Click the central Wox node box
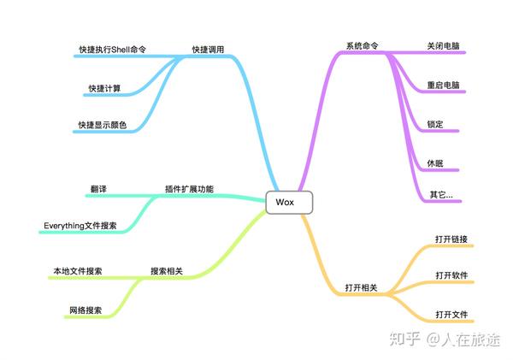coord(289,203)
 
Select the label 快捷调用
coord(208,50)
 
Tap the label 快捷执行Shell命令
coord(113,50)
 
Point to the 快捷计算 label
coord(104,88)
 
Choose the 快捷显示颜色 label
coord(103,125)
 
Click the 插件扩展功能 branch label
coord(189,189)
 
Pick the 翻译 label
coord(98,189)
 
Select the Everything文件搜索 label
coord(80,226)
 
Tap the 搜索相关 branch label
coord(167,271)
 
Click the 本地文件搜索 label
coord(78,271)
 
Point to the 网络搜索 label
coord(85,310)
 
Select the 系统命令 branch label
coord(363,46)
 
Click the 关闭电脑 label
coord(443,46)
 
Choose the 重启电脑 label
coord(443,86)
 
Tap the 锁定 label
coord(435,124)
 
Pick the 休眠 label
coord(435,163)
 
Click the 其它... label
coord(441,195)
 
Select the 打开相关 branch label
coord(361,287)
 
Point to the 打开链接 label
coord(451,239)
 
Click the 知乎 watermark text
coord(404,339)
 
